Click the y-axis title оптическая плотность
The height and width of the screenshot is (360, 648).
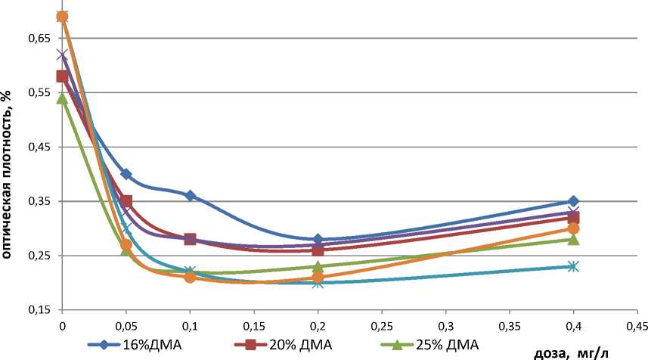7,174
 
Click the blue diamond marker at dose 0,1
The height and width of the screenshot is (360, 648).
190,196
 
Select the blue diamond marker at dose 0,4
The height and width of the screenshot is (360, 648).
573,201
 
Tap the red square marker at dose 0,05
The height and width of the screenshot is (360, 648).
126,201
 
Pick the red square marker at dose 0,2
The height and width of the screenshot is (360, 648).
318,250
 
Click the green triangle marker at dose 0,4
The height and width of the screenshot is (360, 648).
573,239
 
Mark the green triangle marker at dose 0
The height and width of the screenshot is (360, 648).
62,98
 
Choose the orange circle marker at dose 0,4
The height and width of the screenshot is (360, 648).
573,228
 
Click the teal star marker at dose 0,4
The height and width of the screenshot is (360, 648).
573,266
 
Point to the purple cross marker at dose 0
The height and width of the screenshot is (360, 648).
62,54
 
